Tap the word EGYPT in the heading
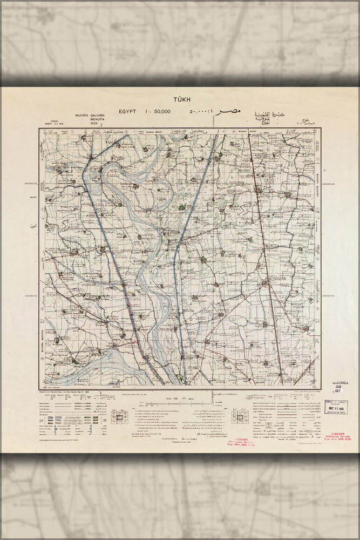pos(129,111)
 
